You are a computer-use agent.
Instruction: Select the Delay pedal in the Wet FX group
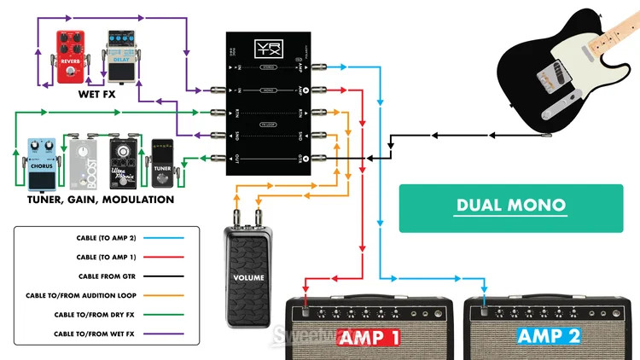(121, 56)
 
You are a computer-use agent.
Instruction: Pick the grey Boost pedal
(84, 165)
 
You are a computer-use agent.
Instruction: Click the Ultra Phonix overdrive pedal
(124, 162)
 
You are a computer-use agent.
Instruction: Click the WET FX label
(96, 95)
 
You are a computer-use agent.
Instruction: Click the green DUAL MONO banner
(499, 206)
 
